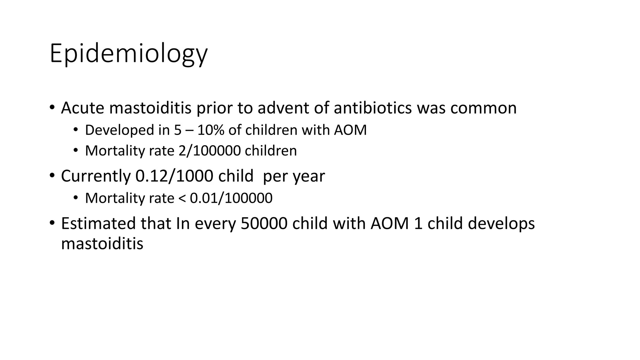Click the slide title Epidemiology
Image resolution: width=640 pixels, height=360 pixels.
click(x=128, y=54)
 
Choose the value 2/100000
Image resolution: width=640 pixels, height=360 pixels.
click(x=209, y=151)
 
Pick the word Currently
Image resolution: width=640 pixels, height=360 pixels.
click(x=95, y=176)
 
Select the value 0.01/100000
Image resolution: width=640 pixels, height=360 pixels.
click(x=231, y=198)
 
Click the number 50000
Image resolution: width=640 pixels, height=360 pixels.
click(x=264, y=223)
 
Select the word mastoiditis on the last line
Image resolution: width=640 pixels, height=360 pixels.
click(x=102, y=243)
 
